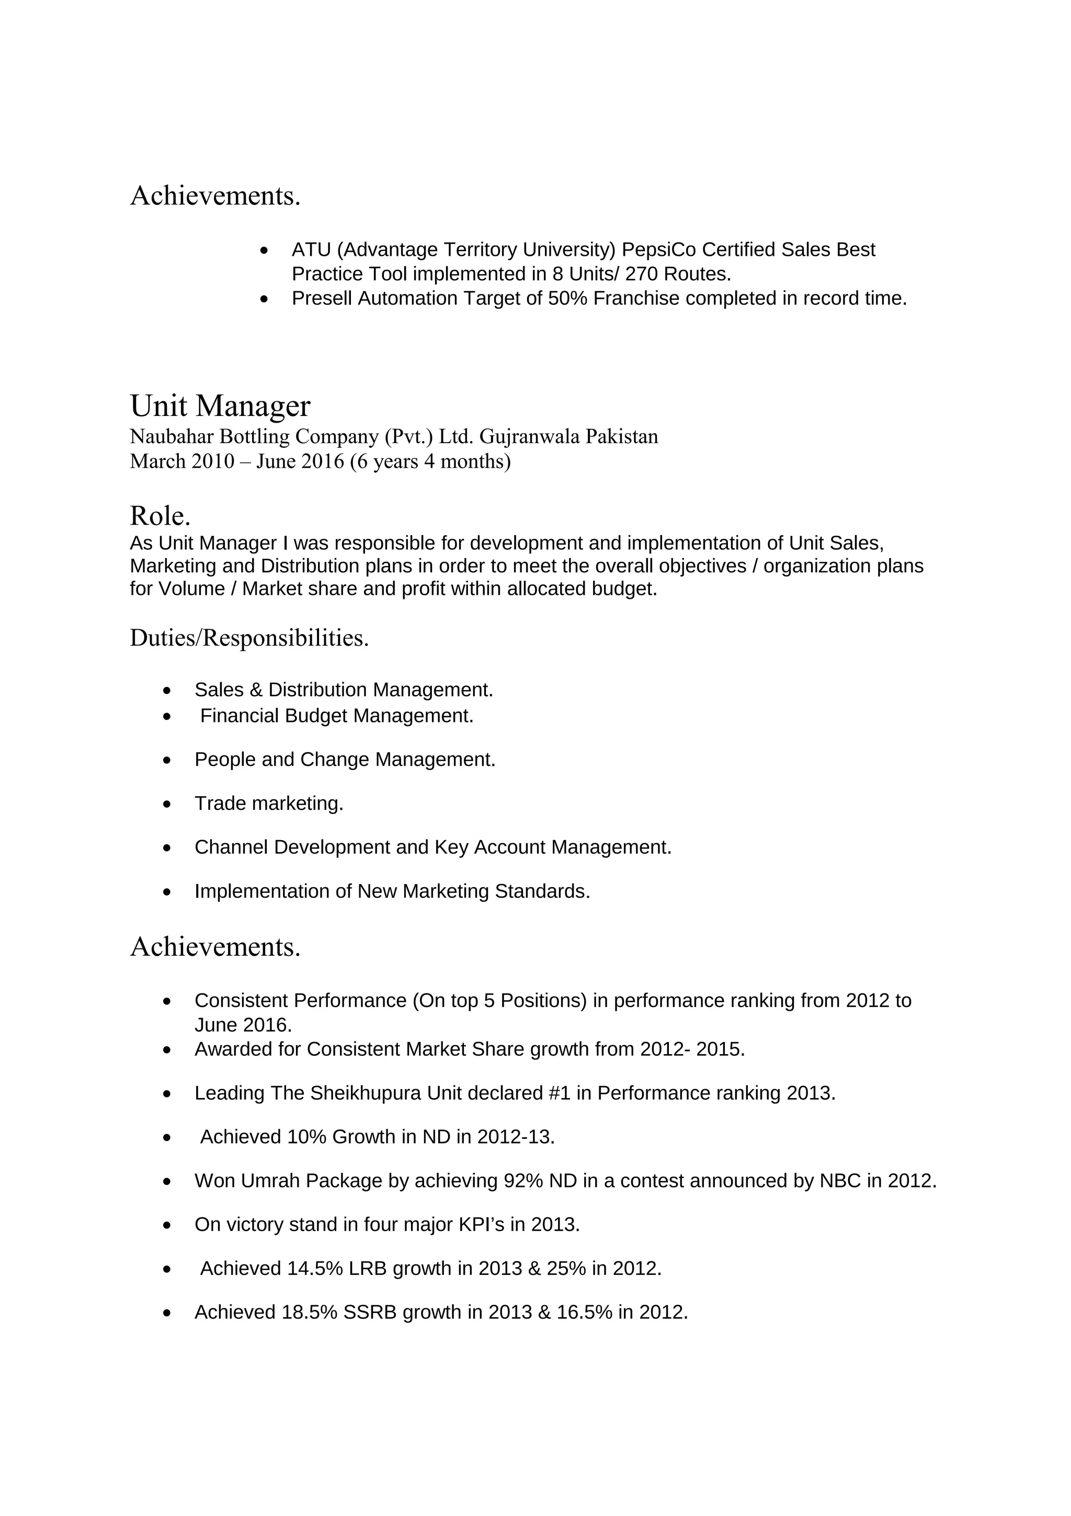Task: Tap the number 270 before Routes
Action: (642, 274)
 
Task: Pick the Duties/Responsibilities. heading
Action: (249, 638)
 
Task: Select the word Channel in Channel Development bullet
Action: (231, 847)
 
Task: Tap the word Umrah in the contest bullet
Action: (270, 1181)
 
